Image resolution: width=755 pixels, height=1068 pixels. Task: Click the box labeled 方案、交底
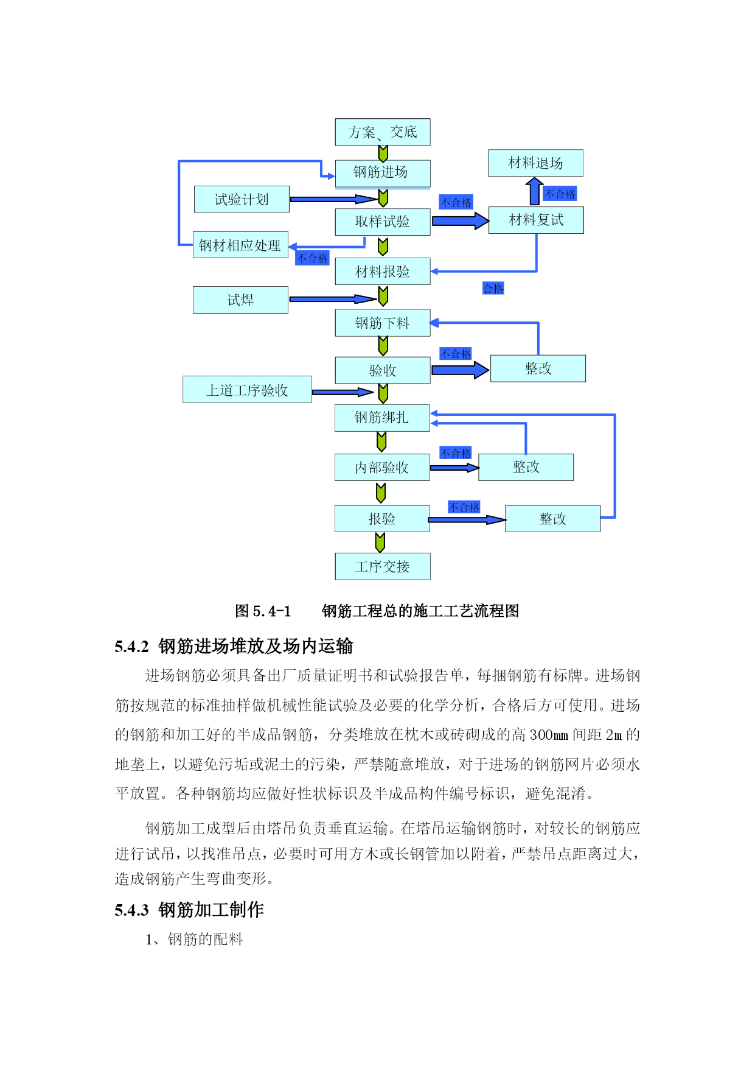[x=383, y=132]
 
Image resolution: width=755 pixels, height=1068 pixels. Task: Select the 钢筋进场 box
[x=383, y=174]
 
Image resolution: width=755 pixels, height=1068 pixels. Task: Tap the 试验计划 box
[x=242, y=199]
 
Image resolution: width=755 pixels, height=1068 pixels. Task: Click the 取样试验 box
[x=383, y=222]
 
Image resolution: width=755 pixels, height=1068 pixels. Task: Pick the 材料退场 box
[x=535, y=163]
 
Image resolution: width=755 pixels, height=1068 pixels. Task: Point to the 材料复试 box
[x=536, y=220]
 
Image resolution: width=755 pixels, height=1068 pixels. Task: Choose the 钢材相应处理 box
[x=240, y=245]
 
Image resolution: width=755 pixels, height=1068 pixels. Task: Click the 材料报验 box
[x=383, y=271]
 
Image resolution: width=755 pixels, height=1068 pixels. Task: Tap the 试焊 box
[x=240, y=300]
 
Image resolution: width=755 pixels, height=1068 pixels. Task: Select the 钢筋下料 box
[x=383, y=323]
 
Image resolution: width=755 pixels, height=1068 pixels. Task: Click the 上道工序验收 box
[x=247, y=389]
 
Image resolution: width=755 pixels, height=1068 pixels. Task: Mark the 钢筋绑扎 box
[x=382, y=418]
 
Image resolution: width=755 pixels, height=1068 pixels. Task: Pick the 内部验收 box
[x=382, y=467]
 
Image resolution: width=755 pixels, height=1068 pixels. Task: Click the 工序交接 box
[x=383, y=566]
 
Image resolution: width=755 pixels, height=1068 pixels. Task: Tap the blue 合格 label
[x=493, y=288]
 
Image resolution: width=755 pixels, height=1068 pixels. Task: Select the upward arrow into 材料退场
[x=534, y=191]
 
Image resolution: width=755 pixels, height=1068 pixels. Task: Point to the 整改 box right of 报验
[x=552, y=519]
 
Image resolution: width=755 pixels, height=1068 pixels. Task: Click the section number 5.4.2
[x=131, y=647]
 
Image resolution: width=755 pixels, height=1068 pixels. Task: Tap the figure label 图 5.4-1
[x=263, y=611]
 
